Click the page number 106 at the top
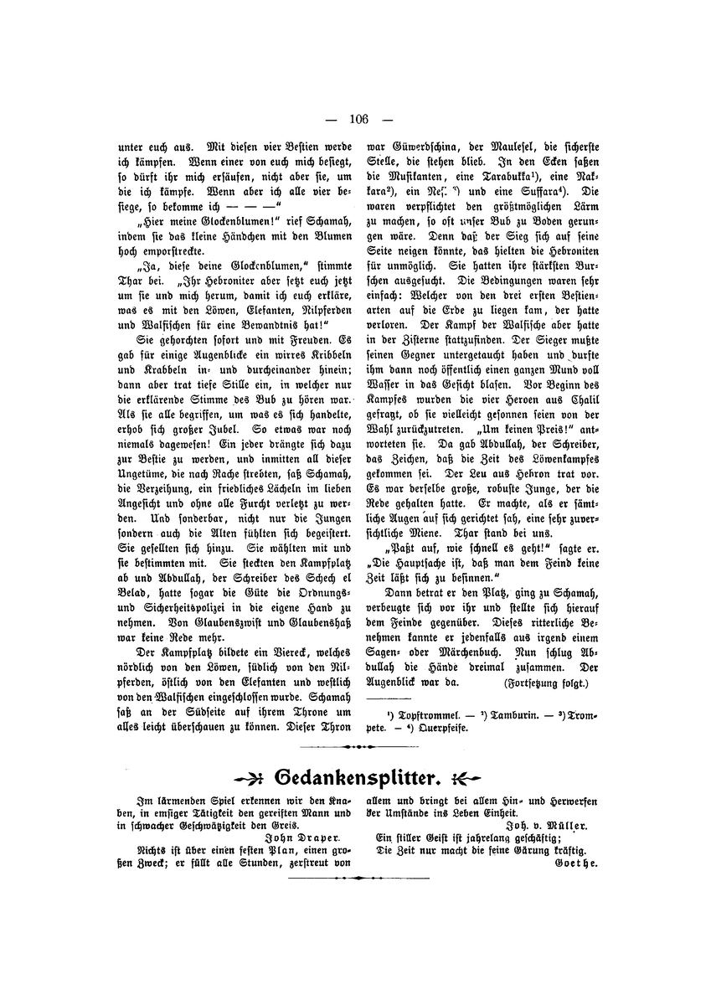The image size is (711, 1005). (355, 118)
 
